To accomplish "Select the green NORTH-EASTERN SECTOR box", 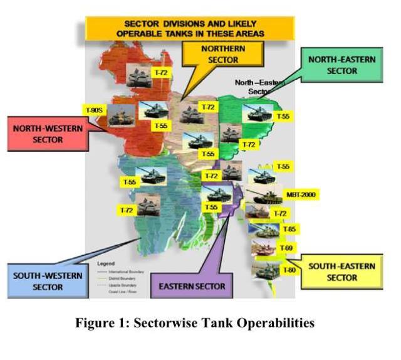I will pos(341,65).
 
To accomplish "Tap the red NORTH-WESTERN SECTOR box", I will pos(47,133).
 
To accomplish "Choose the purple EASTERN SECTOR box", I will pos(192,286).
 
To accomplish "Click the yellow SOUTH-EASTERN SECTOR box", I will pos(341,272).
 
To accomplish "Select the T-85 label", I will pos(289,230).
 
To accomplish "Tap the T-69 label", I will pos(286,248).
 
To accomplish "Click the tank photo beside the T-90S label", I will pos(121,117).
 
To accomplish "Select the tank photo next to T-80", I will pos(263,271).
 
